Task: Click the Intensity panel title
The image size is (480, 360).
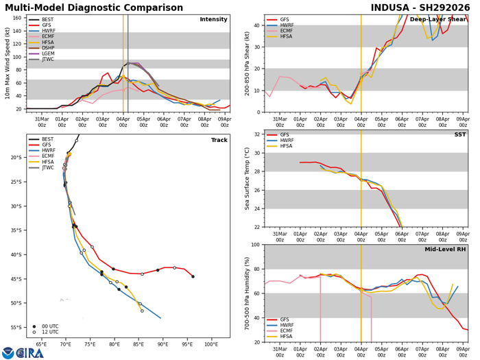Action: pos(213,20)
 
